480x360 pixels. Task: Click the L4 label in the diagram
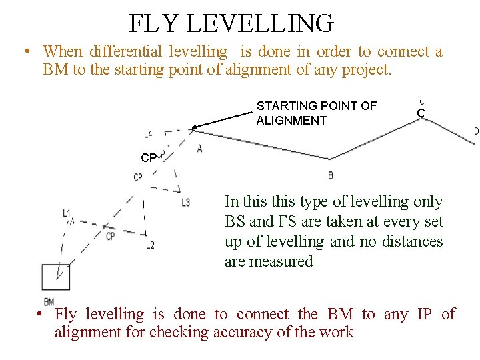tap(147, 134)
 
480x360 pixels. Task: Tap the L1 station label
tap(67, 213)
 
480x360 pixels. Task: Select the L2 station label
tap(150, 245)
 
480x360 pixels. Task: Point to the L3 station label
tap(185, 202)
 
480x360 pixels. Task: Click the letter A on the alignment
tap(199, 149)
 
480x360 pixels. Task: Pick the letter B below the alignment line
tap(330, 175)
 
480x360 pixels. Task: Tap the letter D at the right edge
tap(476, 131)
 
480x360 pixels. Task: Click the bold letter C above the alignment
tap(421, 114)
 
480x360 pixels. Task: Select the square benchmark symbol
tap(55, 277)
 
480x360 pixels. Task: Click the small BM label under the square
tap(49, 302)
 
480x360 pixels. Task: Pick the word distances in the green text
tap(413, 241)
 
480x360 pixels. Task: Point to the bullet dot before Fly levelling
tap(41, 314)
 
